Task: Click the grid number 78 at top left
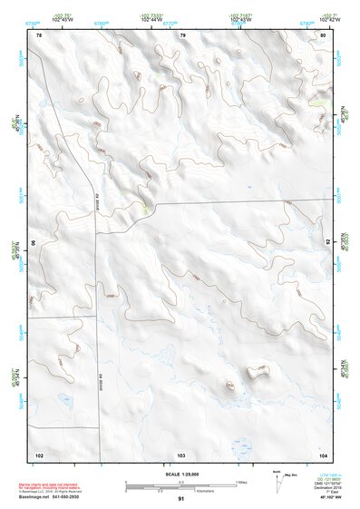click(x=39, y=34)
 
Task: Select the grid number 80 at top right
click(x=323, y=34)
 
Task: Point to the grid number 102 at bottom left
click(x=39, y=454)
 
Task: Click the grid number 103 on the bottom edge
click(x=181, y=454)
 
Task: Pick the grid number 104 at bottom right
click(x=323, y=454)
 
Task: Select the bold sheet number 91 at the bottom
click(x=181, y=498)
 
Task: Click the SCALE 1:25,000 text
click(x=181, y=473)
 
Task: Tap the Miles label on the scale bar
click(x=241, y=481)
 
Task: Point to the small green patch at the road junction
click(x=146, y=209)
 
